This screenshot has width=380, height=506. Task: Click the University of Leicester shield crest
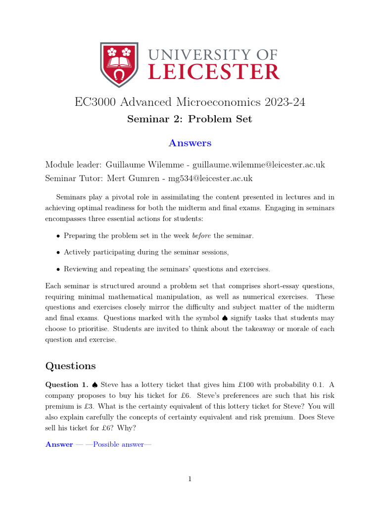click(119, 64)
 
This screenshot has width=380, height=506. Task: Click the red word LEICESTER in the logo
click(214, 72)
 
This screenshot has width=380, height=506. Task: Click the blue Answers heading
click(190, 143)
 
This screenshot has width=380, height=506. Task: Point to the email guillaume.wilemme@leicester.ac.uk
click(259, 165)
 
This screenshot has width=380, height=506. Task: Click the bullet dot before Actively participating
click(58, 253)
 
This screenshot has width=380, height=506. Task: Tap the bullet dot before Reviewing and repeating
click(58, 269)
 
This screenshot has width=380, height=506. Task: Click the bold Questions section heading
click(70, 366)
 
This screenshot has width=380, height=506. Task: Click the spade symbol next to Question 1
click(95, 384)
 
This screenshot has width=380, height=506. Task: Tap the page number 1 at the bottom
click(190, 479)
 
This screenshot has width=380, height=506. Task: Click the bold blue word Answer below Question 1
click(59, 444)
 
